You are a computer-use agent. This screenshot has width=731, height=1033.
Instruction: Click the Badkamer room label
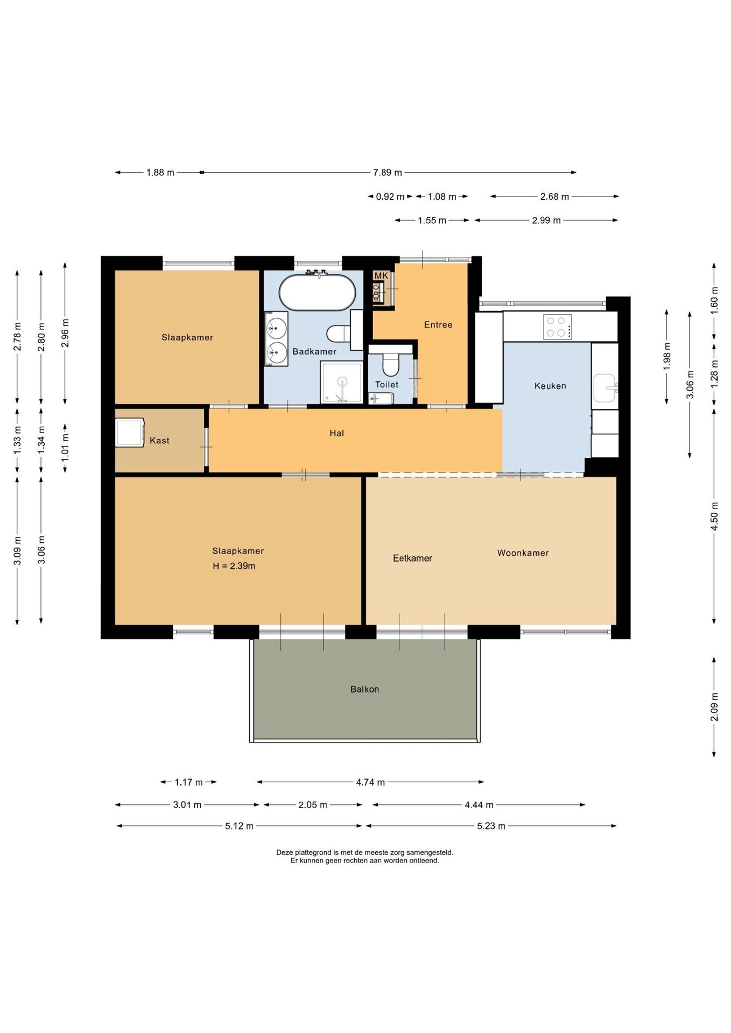pos(314,351)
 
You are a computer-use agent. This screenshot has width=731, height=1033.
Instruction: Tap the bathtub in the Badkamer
pos(317,292)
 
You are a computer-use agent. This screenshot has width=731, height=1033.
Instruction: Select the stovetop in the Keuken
pos(557,327)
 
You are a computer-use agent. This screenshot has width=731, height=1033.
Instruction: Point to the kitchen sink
pos(605,387)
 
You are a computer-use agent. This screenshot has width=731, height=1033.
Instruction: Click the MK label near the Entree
pos(381,275)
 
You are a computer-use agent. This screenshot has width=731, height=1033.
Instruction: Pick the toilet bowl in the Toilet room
pos(390,364)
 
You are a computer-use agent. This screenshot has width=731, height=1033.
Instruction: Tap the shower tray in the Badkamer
pos(342,382)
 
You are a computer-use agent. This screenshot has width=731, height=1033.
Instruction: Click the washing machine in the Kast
pos(130,433)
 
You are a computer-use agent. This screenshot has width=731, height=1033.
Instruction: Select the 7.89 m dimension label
pos(388,173)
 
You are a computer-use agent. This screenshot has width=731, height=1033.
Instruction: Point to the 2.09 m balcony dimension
pos(714,707)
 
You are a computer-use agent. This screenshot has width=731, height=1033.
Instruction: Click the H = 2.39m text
pos(234,566)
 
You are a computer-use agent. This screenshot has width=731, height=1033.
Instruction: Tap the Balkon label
pos(364,689)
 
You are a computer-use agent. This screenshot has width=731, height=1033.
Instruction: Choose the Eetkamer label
pos(412,558)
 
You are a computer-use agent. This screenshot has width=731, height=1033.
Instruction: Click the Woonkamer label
pos(523,553)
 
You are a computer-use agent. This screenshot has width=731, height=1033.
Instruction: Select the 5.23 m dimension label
pos(491,826)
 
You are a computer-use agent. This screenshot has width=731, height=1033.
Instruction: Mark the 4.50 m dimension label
pos(714,516)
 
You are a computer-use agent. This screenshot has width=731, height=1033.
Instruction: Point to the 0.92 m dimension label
pos(390,197)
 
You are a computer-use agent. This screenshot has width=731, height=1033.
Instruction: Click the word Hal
pos(337,433)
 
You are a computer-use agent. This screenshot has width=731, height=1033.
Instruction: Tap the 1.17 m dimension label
pos(188,782)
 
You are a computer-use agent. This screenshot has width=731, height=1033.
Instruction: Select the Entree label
pos(438,325)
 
